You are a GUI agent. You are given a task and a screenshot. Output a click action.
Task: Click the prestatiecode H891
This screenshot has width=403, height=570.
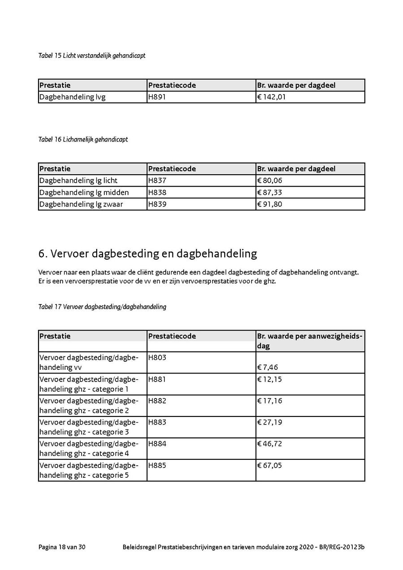(157, 97)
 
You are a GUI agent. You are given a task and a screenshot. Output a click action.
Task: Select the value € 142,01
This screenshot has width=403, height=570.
(271, 97)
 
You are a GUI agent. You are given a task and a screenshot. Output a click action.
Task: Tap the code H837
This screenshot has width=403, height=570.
(157, 180)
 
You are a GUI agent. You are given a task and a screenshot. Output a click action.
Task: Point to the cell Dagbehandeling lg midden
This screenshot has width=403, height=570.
(84, 193)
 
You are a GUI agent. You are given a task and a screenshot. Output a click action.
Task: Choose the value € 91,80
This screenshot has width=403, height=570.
(270, 204)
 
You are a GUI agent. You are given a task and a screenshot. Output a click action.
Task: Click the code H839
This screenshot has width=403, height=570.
(157, 204)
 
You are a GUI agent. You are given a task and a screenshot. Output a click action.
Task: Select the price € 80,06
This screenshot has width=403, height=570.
(270, 180)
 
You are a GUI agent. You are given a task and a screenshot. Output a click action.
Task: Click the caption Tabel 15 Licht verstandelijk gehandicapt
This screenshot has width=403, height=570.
(92, 56)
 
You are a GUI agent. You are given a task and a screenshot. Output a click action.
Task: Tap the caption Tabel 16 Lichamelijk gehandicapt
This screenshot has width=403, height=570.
(83, 140)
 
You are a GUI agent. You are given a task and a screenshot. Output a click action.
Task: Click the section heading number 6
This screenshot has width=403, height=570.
(43, 254)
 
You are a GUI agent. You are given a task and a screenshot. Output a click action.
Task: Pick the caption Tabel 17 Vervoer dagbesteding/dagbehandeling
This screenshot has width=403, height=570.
(102, 307)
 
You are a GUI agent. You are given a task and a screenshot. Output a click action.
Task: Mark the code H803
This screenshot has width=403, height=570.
(157, 357)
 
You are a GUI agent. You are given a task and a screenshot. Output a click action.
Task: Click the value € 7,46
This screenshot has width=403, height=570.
(268, 368)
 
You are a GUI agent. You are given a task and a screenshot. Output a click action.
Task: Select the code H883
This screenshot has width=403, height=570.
(157, 422)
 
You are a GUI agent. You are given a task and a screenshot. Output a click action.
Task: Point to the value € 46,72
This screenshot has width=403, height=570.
(270, 444)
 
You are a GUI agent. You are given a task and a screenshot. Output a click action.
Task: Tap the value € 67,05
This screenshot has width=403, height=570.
(270, 465)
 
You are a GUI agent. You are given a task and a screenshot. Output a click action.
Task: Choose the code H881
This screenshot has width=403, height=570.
(157, 379)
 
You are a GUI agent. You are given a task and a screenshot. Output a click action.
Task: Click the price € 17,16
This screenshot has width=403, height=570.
(270, 401)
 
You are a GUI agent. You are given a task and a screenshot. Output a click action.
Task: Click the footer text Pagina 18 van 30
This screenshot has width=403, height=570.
(62, 547)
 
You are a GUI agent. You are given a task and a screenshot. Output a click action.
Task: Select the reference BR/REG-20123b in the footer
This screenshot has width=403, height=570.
(342, 547)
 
